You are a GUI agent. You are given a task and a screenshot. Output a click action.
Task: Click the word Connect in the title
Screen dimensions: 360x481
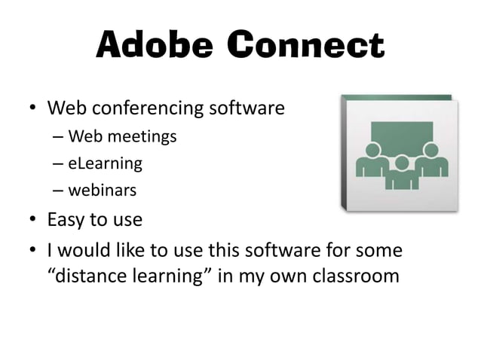click(306, 46)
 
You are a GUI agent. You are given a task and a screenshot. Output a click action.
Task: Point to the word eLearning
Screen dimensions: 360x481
click(105, 163)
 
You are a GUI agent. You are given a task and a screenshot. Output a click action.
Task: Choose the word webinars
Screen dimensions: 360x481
click(103, 190)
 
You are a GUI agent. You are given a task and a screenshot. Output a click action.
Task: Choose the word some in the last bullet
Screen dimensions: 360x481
click(381, 249)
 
